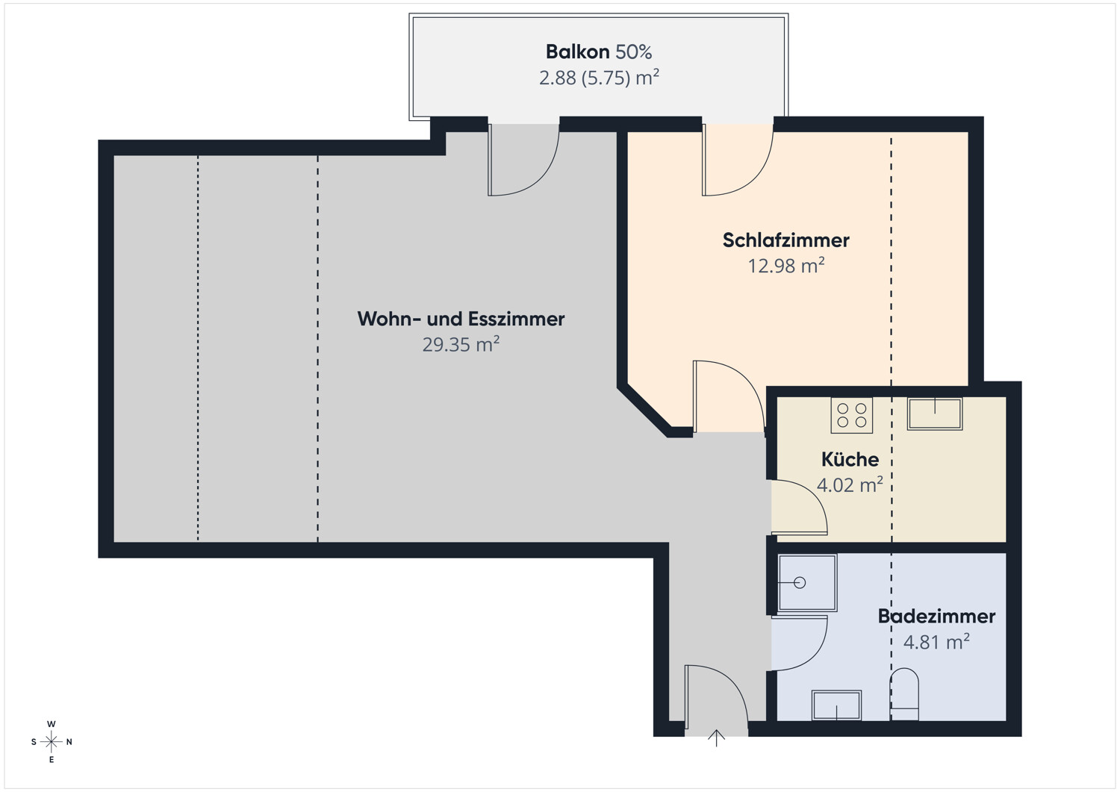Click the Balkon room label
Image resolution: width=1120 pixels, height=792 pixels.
(x=577, y=52)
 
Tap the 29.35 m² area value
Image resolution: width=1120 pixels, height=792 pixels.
(x=461, y=344)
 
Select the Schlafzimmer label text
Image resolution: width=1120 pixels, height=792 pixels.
(x=785, y=240)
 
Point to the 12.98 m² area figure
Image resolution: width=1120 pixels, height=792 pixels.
(x=785, y=266)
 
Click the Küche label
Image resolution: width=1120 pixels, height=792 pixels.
(x=850, y=459)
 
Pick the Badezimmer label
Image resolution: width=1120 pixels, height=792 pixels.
(x=936, y=616)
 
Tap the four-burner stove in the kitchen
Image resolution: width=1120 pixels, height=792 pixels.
(x=851, y=415)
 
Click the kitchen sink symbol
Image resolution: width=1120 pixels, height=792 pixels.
(x=935, y=414)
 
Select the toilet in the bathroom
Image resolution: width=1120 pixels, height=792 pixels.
(x=904, y=694)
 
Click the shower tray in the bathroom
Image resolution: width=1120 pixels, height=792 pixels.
(x=807, y=582)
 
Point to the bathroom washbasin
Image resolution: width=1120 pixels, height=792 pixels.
(x=836, y=705)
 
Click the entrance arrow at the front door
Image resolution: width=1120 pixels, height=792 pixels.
(x=716, y=738)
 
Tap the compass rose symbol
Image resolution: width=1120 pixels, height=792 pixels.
(x=51, y=741)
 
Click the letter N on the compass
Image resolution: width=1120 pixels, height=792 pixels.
(x=69, y=741)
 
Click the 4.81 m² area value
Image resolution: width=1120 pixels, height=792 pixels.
(x=936, y=642)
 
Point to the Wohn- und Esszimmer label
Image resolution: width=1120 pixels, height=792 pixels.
(x=461, y=319)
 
